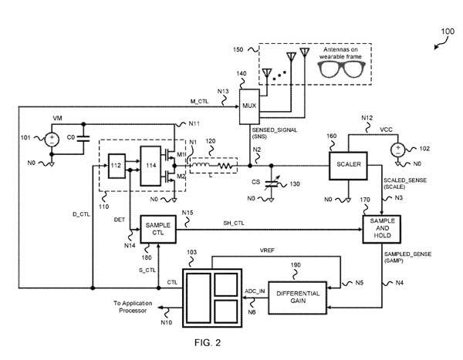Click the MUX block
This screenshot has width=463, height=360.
tap(248, 105)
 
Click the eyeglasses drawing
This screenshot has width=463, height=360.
tap(340, 68)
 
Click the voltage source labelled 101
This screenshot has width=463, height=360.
tap(51, 140)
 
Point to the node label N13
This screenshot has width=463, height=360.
tap(223, 92)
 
